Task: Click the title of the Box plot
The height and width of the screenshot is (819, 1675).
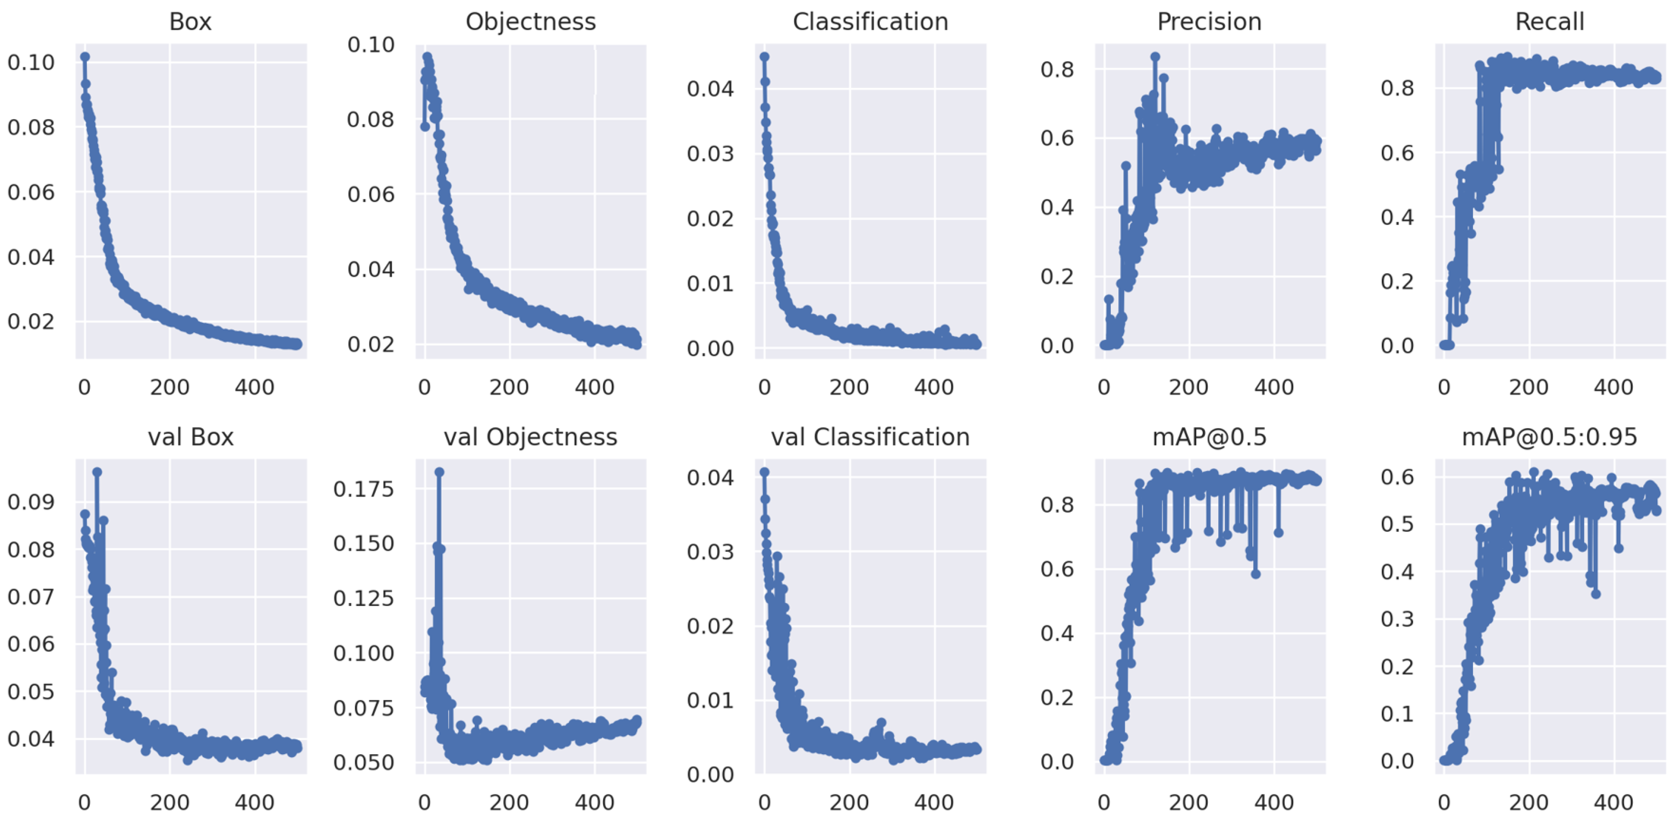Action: (190, 22)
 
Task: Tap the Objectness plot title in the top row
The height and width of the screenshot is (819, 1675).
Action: (531, 22)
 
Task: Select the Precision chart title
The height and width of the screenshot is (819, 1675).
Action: (1209, 22)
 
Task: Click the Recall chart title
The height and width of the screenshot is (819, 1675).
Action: (1549, 22)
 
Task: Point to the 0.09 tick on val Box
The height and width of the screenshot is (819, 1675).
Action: (31, 502)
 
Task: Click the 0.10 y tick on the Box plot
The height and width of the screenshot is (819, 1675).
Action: (31, 62)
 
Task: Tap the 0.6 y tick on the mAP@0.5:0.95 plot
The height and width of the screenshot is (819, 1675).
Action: (1397, 478)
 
